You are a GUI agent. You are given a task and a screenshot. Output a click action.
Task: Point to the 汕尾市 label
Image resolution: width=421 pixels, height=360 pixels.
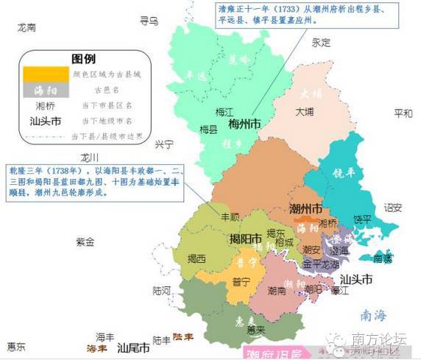point(134,345)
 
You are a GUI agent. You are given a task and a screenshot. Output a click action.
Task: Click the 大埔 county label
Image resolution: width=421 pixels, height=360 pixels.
point(305,113)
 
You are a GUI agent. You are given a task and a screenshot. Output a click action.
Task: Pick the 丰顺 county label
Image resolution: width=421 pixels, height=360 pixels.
point(231,218)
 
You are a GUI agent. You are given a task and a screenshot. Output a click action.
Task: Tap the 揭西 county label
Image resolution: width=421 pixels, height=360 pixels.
point(197,258)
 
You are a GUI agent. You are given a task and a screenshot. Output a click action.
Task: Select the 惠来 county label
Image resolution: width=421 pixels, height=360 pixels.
point(256,329)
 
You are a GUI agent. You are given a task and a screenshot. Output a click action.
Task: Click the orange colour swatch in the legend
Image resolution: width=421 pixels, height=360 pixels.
point(46,74)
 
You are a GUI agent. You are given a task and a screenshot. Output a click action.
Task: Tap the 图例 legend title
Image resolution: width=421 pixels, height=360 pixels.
point(84,57)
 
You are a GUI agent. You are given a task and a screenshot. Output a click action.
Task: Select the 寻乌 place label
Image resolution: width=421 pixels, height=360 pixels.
point(149,21)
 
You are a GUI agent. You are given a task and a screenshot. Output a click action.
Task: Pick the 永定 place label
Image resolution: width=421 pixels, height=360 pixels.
point(321,43)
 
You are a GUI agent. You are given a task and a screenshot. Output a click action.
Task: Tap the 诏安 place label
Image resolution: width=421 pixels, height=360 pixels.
point(393,208)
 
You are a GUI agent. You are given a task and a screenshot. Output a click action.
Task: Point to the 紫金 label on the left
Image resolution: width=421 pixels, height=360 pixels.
point(85,241)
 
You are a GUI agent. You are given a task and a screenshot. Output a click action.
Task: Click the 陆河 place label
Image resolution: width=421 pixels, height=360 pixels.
point(161,290)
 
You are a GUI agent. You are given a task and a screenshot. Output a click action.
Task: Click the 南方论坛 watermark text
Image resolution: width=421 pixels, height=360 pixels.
point(380,339)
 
